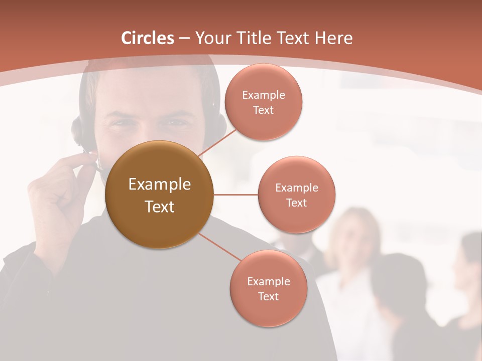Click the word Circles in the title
[x=148, y=38]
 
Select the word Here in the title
[x=333, y=38]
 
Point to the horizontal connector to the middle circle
[x=235, y=195]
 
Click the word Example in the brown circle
[x=159, y=185]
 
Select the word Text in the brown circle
[x=159, y=207]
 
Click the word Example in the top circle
[x=263, y=95]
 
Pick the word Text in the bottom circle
[x=268, y=297]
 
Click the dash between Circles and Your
[x=184, y=39]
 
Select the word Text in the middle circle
[x=296, y=203]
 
